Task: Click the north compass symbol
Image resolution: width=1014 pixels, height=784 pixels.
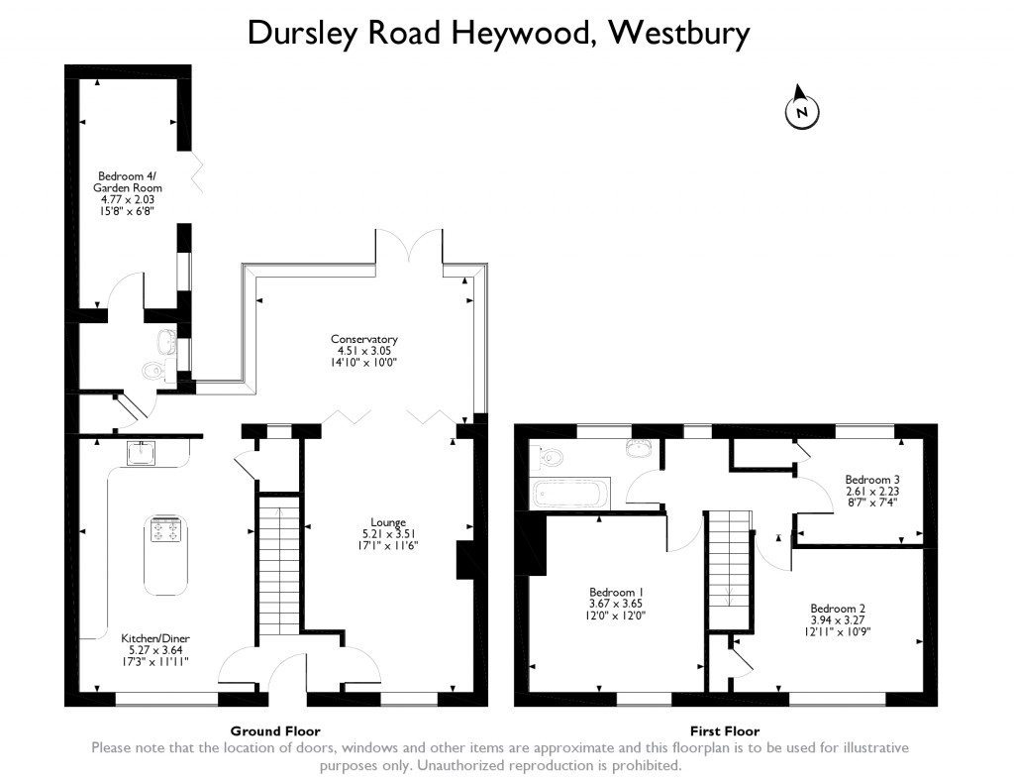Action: coord(802,111)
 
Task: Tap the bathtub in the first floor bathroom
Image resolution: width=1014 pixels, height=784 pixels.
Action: coord(570,493)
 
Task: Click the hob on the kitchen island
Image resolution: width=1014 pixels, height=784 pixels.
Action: coord(164,529)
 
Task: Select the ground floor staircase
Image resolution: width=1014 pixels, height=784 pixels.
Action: coord(278,565)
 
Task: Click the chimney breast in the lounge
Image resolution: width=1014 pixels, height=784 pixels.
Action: coord(464,560)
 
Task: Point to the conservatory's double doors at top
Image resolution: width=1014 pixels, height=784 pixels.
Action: coord(408,248)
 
